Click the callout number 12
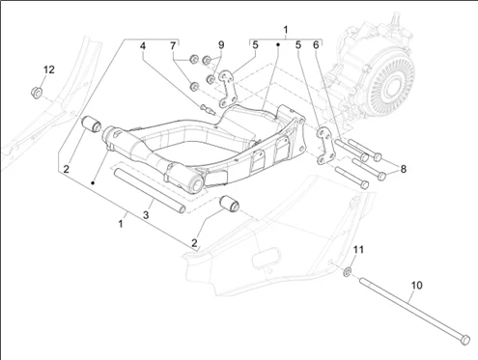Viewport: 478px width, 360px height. click(49, 69)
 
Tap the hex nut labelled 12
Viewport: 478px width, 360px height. click(37, 93)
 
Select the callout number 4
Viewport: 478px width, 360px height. click(143, 46)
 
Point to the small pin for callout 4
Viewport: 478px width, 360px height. click(207, 109)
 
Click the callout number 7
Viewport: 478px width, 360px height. click(173, 46)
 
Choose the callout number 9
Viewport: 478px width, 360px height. click(221, 44)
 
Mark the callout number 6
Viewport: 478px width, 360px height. click(316, 45)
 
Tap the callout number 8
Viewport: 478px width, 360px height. click(404, 169)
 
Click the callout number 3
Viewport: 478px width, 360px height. click(146, 215)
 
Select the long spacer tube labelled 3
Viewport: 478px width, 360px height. click(150, 190)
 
